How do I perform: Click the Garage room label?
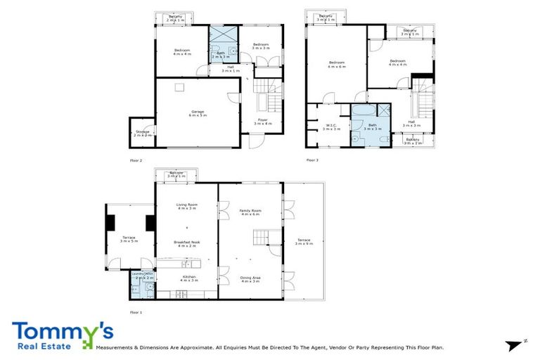[x=197, y=113]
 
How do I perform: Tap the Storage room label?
[x=143, y=134]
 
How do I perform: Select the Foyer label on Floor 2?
[x=262, y=122]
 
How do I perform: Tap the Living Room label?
[x=186, y=206]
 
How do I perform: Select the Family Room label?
[x=250, y=212]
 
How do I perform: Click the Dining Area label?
[x=250, y=278]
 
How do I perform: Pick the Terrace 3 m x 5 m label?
[x=129, y=239]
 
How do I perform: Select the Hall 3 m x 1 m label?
[x=231, y=69]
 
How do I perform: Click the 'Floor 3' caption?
[x=312, y=160]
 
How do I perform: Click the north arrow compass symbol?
[x=517, y=343]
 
